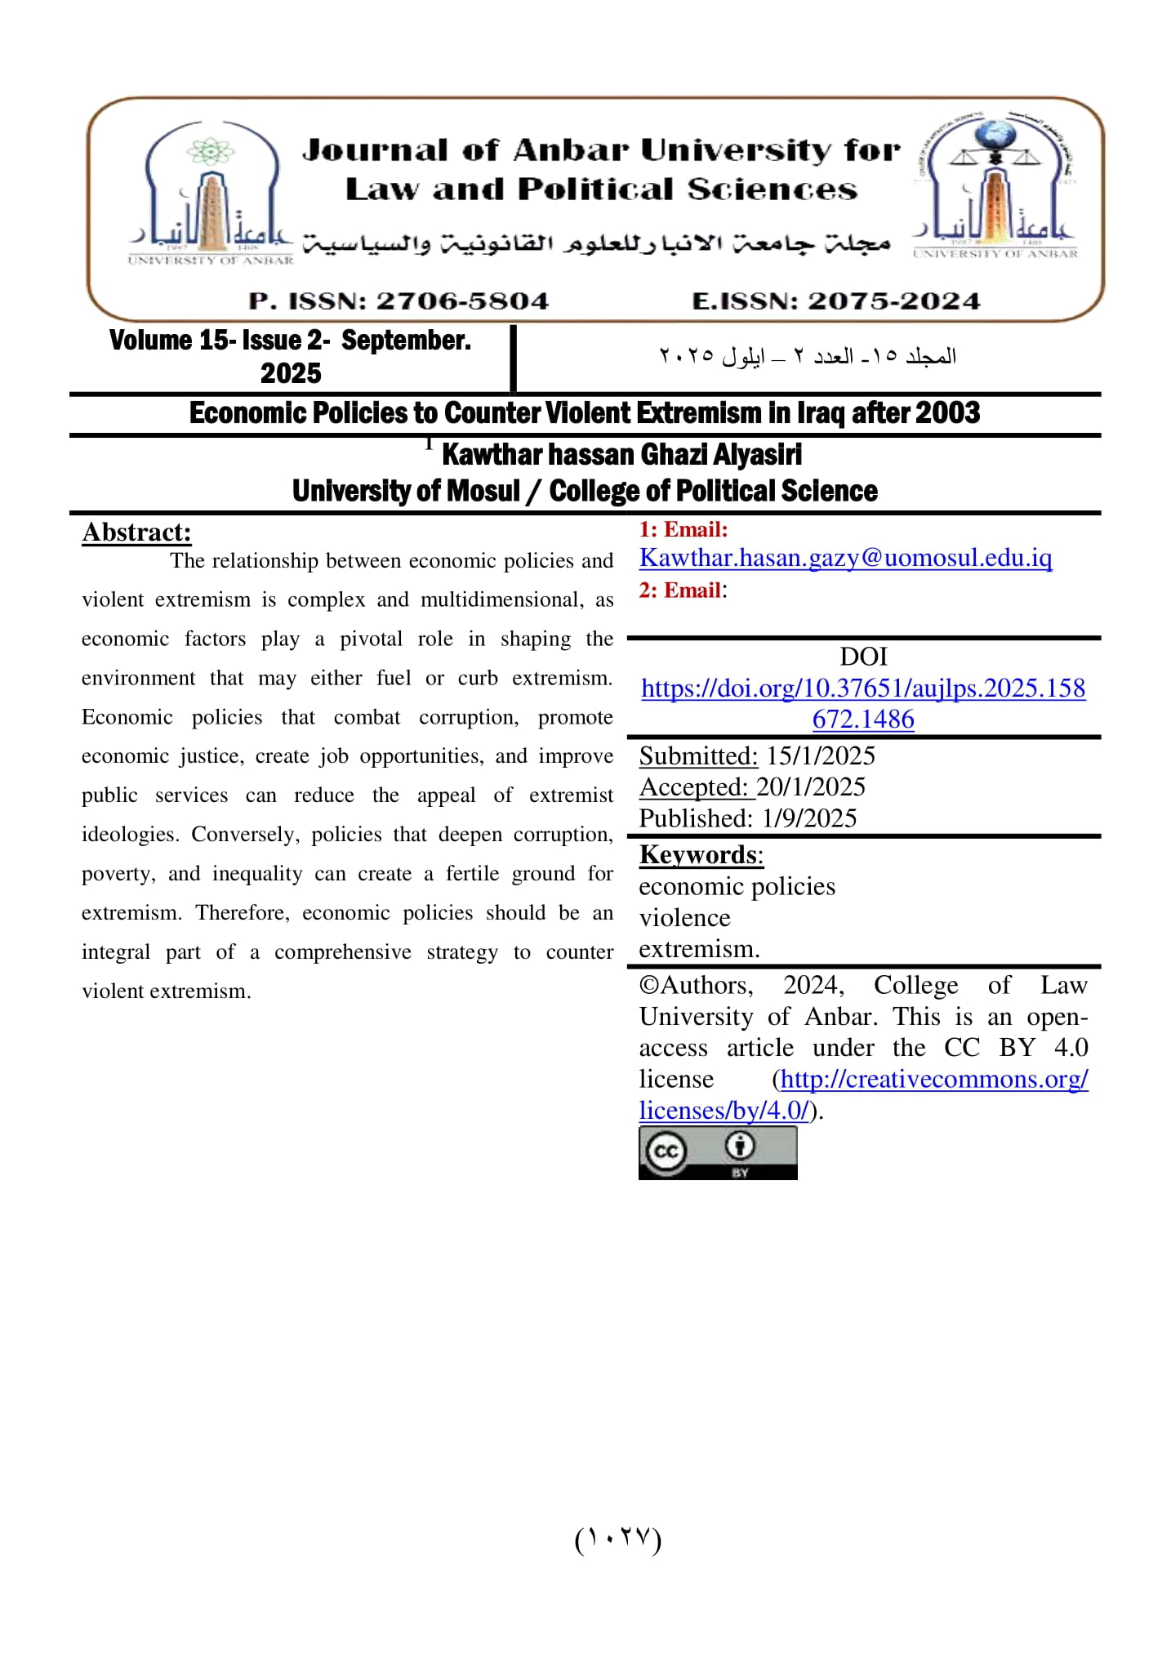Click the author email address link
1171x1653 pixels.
[845, 558]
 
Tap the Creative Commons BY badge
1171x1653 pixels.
[717, 1152]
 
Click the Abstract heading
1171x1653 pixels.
[136, 532]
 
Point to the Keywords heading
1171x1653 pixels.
[700, 854]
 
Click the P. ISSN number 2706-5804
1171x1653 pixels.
[461, 301]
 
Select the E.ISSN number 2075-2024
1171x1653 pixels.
[893, 301]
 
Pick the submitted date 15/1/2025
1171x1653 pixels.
[820, 756]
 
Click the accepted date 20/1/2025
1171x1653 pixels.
[810, 787]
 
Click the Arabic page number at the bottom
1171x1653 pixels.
[617, 1539]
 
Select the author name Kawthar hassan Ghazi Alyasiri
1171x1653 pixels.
[621, 455]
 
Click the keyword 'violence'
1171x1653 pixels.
[684, 918]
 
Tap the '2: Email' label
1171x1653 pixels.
[680, 590]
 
